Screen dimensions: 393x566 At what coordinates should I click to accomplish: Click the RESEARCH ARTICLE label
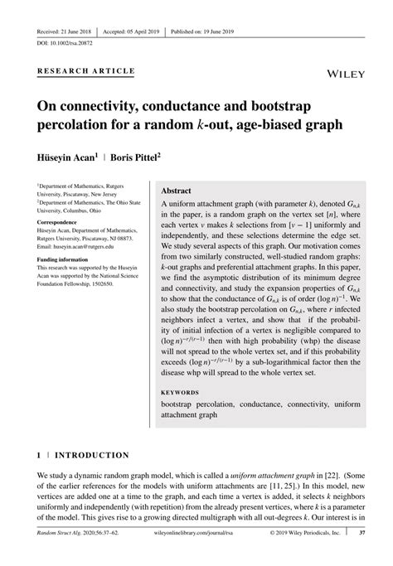[85, 71]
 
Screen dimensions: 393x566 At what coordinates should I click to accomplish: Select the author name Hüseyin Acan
[73, 155]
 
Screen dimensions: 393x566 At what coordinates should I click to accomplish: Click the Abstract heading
[182, 190]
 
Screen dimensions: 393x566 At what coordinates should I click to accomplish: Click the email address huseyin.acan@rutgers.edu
[74, 247]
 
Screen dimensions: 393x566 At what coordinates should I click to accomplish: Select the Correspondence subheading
[61, 223]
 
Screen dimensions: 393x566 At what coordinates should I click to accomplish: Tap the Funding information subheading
[67, 259]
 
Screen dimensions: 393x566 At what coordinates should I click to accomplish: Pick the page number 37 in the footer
[362, 558]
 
